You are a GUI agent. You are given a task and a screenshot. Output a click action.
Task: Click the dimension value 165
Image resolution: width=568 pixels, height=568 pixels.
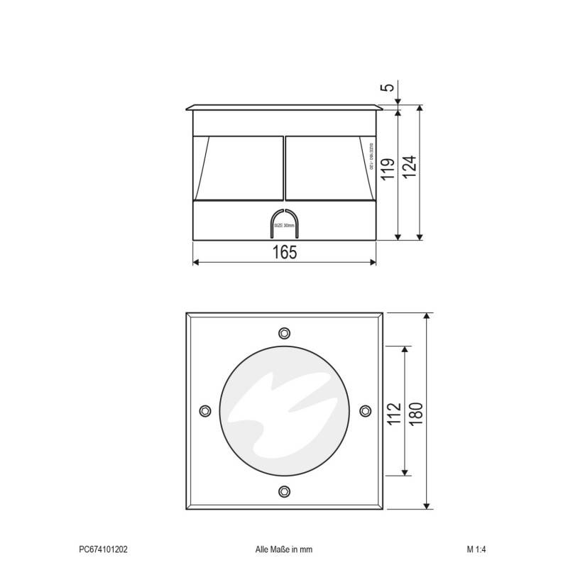pos(284,251)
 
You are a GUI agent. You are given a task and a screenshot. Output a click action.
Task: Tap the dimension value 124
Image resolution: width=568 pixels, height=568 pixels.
pos(410,168)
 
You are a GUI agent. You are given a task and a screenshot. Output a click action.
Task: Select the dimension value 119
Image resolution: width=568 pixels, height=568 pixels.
pos(387,173)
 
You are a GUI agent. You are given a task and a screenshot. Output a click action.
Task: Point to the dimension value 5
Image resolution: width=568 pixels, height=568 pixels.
pos(387,88)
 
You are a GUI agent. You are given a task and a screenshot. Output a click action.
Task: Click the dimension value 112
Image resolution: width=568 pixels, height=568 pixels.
pos(394,413)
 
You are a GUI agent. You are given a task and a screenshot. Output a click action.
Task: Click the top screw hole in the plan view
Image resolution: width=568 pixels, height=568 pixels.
pos(285,332)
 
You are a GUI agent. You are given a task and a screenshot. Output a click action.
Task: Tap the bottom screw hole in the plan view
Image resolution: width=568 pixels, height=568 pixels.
pos(285,490)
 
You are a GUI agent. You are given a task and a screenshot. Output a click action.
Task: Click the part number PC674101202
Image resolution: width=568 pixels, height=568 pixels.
pos(104,549)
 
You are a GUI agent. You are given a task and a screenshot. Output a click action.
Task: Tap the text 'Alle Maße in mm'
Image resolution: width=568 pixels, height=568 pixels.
pos(284,549)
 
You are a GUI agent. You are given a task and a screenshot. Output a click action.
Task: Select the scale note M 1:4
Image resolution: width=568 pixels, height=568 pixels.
pos(476,549)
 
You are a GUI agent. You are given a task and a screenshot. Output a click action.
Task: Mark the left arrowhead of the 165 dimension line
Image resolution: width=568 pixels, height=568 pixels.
pos(196,263)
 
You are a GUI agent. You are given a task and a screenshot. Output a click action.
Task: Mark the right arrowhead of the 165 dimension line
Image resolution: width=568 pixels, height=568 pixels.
pos(373,263)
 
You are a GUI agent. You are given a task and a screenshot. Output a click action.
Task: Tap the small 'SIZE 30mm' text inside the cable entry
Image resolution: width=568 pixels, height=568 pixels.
pos(284,225)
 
